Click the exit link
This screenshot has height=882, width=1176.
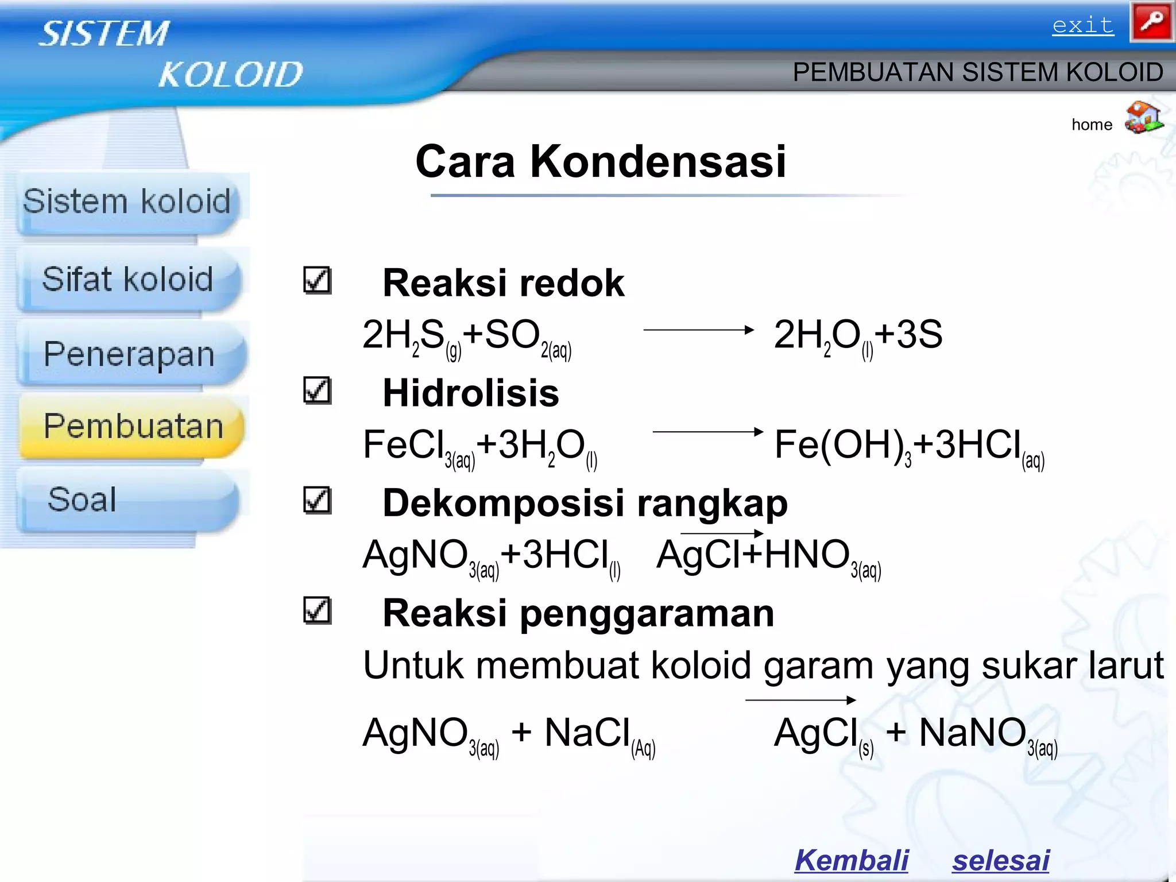tap(1082, 26)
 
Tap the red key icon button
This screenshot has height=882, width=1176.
tap(1151, 22)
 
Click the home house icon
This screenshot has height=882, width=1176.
tap(1143, 118)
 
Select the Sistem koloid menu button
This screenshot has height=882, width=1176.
tap(127, 202)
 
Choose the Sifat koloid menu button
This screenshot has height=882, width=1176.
tap(128, 280)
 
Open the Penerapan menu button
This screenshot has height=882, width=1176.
tap(129, 354)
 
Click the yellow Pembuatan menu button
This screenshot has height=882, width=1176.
tap(133, 427)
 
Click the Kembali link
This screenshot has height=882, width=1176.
tap(851, 860)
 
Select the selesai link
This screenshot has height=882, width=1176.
tap(1000, 860)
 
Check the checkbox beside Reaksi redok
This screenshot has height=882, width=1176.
tap(317, 281)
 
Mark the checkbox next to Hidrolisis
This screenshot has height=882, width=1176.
tap(317, 390)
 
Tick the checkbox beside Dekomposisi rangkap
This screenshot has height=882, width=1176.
tap(317, 500)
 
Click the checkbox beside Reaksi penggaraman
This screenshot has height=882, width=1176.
tap(317, 610)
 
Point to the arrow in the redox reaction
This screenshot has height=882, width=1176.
tap(698, 330)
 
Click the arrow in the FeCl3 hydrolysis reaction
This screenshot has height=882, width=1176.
tap(707, 431)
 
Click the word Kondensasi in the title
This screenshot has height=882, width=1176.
tap(657, 161)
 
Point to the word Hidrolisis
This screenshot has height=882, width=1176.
tap(471, 393)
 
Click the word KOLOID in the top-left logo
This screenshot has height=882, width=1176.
tap(230, 75)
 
